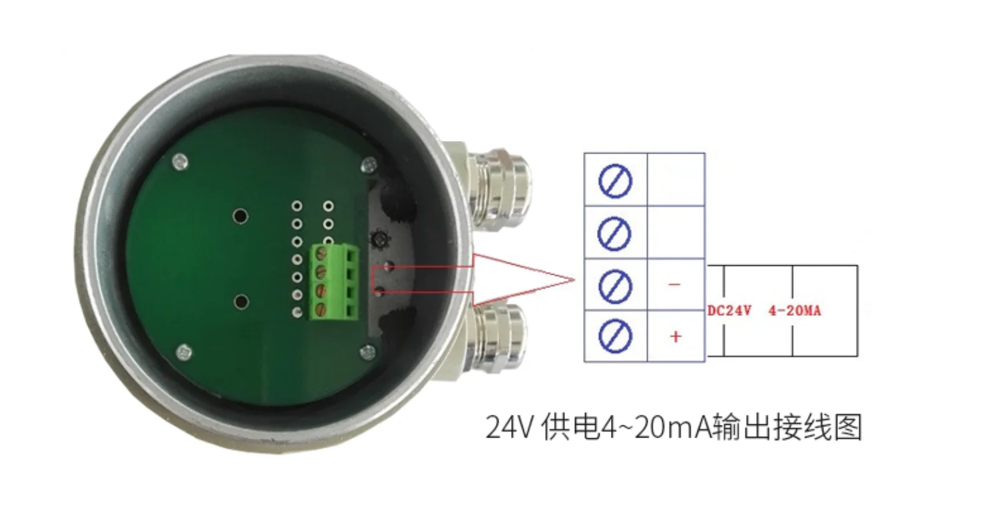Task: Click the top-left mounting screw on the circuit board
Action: (x=178, y=161)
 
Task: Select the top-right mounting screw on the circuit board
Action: (x=367, y=164)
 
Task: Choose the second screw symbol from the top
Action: (x=615, y=233)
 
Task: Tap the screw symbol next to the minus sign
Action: (x=615, y=285)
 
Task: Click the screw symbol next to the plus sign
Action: (x=615, y=336)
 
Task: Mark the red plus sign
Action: (x=676, y=336)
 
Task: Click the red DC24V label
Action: (x=729, y=311)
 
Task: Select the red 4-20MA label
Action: (x=795, y=311)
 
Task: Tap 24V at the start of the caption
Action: (x=510, y=427)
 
